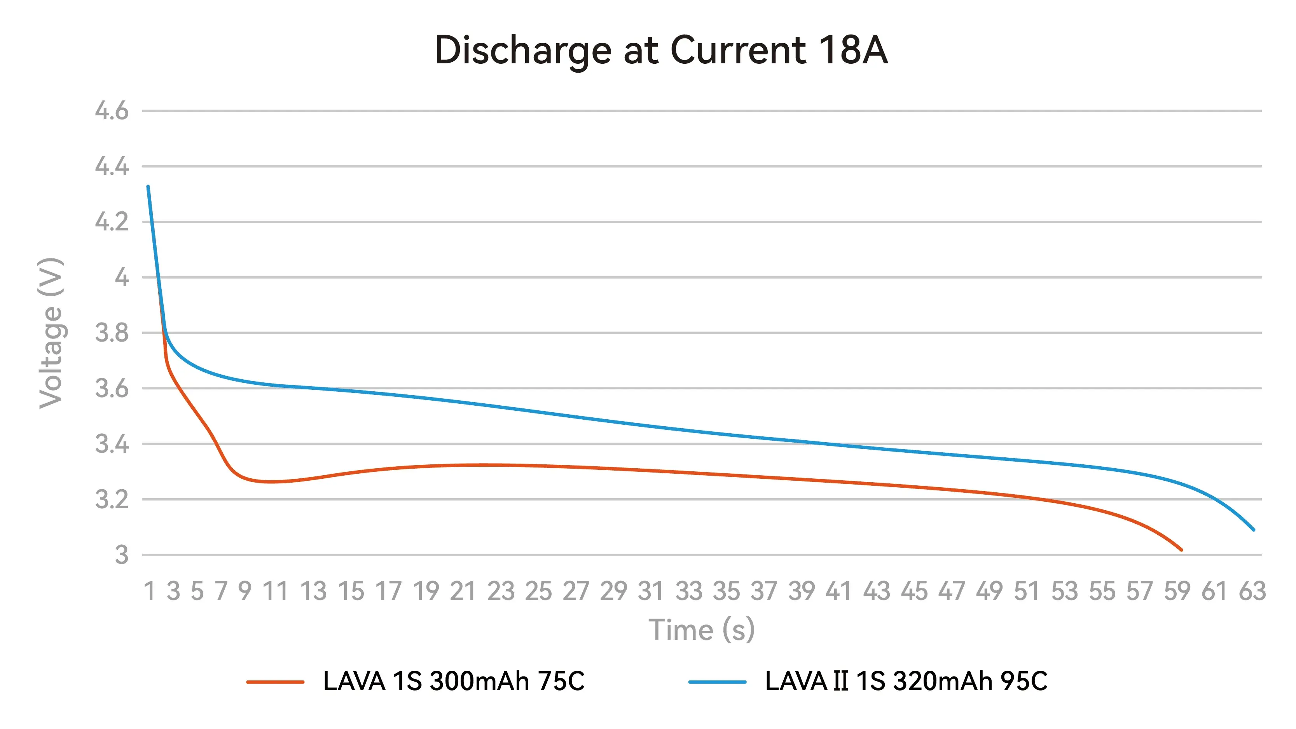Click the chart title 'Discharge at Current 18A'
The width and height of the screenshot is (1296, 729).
(661, 51)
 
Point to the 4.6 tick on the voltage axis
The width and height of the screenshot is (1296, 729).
(112, 111)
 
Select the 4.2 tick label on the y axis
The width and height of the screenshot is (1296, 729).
(112, 222)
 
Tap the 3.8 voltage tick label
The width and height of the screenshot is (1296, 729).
(112, 333)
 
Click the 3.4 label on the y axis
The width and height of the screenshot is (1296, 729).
(112, 444)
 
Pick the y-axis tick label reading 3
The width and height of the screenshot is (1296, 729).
(122, 555)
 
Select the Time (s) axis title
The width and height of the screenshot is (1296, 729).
(701, 630)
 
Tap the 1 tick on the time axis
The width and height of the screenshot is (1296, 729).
(149, 591)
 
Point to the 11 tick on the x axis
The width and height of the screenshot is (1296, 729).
(275, 591)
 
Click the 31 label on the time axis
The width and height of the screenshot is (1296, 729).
(651, 591)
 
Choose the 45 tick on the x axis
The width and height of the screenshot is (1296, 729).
(914, 591)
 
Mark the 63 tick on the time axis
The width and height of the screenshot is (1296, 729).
(1252, 591)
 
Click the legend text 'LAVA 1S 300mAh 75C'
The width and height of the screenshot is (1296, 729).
(454, 682)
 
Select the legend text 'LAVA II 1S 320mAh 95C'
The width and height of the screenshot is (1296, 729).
(906, 682)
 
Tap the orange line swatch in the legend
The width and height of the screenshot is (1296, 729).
(275, 682)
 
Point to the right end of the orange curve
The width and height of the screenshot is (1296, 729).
(1181, 550)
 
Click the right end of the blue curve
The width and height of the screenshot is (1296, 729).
(1253, 529)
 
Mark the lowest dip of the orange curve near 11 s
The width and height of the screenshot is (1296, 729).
(272, 482)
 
